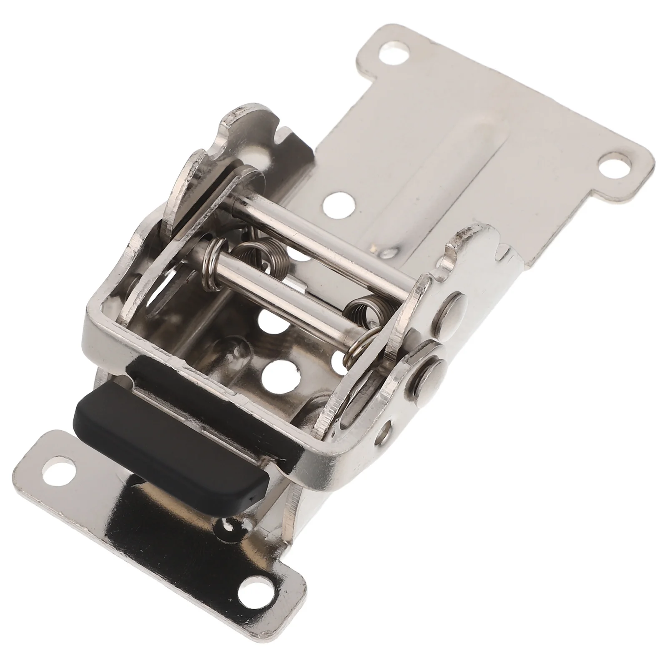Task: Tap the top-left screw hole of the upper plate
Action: pyautogui.click(x=393, y=54)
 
